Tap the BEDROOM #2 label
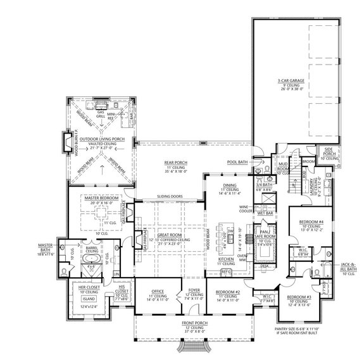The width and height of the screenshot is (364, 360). (x=227, y=292)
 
